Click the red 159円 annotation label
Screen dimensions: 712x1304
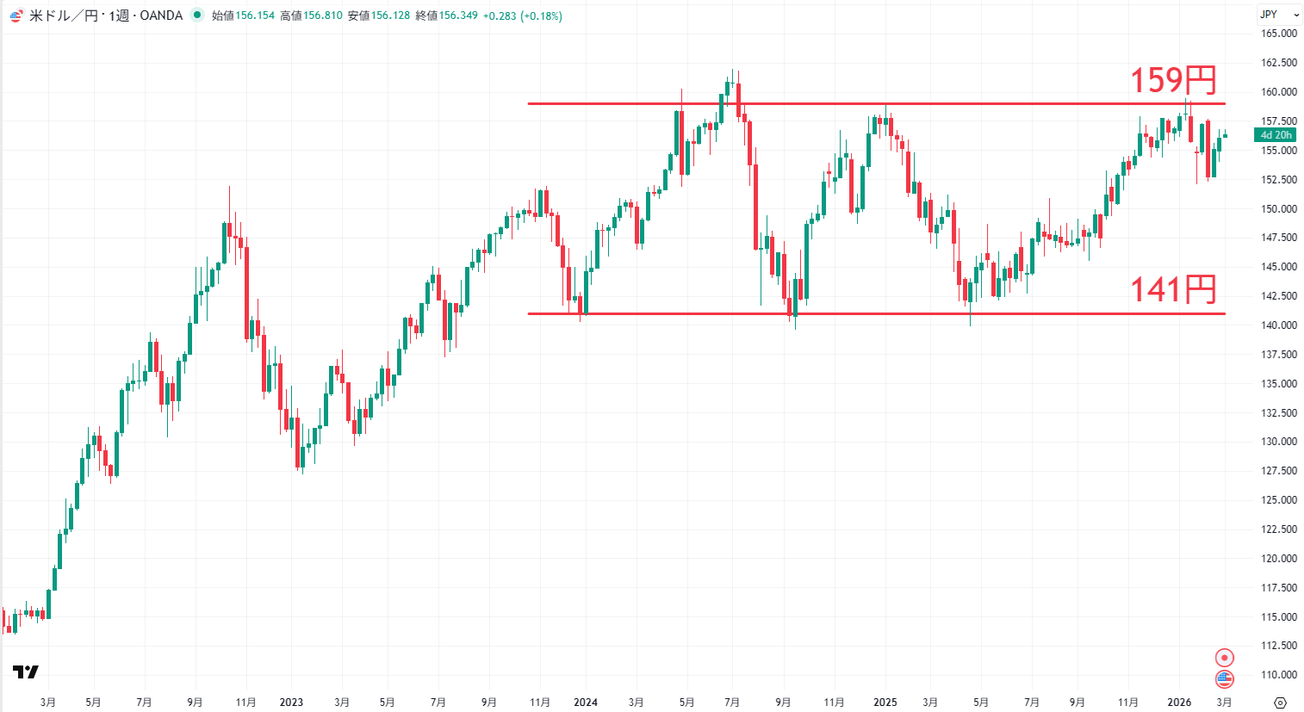click(1172, 81)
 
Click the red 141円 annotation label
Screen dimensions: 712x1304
click(1172, 290)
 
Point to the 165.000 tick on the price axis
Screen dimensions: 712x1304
click(1279, 34)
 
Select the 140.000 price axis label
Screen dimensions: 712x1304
click(1279, 325)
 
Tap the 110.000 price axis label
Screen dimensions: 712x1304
click(1279, 675)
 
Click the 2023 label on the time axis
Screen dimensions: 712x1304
click(291, 703)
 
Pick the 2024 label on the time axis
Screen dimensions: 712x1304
click(585, 703)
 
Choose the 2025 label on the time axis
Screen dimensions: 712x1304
click(885, 703)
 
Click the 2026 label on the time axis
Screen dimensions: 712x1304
click(1179, 703)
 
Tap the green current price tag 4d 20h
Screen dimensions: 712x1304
click(1276, 135)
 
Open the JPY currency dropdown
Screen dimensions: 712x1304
click(1278, 15)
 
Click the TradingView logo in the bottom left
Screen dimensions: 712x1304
click(26, 672)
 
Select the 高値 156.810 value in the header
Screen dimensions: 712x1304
click(322, 15)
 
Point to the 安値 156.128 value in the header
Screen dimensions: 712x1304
click(390, 15)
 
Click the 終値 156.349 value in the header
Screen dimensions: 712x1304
click(457, 15)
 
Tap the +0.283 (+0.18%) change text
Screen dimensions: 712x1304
click(523, 15)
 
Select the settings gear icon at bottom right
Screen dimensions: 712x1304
click(1280, 703)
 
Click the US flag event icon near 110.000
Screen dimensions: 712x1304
click(1224, 679)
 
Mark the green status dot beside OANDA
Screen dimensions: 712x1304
click(197, 15)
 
